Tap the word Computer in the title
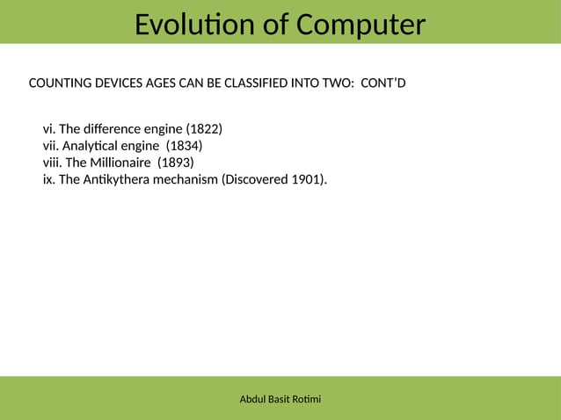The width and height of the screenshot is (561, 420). tap(359, 25)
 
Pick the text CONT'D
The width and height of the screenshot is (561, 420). tap(383, 84)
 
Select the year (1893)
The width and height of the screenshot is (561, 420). tap(175, 163)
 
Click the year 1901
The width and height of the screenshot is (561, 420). tap(307, 179)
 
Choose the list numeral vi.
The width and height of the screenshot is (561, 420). tap(48, 131)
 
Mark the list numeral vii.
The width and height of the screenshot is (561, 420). tap(51, 147)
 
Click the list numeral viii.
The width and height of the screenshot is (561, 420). tap(52, 163)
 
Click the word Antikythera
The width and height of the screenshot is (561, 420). tap(119, 179)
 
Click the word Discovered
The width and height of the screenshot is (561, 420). tap(256, 179)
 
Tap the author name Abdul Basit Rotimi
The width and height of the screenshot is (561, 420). tap(280, 400)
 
